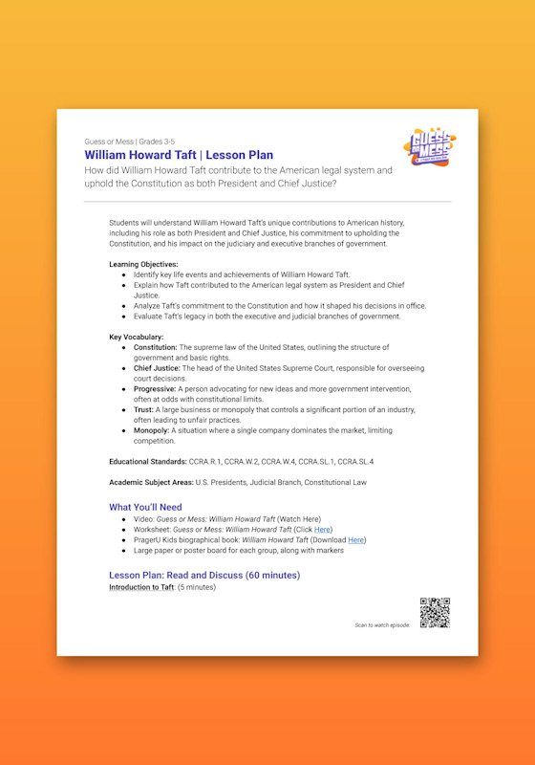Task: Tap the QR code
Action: (434, 613)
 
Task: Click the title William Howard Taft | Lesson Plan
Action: (179, 155)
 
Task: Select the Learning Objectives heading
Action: (143, 264)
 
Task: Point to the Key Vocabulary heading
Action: (137, 338)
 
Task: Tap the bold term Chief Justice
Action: (156, 368)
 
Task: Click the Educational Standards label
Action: (148, 461)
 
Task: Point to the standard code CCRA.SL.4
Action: (355, 461)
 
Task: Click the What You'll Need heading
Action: (145, 507)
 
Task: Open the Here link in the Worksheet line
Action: (323, 529)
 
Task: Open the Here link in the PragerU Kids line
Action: (356, 539)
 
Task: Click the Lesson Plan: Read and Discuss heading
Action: (204, 575)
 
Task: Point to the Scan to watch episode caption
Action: (382, 624)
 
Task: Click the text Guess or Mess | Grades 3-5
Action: (129, 141)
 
